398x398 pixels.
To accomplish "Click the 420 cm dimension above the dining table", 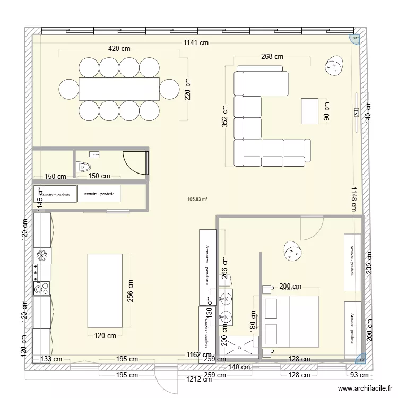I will pos(119,48).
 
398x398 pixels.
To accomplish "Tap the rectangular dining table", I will pos(119,89).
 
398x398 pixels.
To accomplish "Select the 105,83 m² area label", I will pos(197,200).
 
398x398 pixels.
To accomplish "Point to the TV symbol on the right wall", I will pos(356,111).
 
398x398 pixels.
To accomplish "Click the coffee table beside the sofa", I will pos(311,111).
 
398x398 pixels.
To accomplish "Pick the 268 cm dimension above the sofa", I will pos(272,56).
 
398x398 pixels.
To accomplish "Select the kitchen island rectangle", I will pos(105,290).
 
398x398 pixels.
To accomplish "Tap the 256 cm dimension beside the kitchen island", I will pos(131,291).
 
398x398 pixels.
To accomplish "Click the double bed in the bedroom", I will pos(290,322).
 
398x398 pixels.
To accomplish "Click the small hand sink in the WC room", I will pos(94,154).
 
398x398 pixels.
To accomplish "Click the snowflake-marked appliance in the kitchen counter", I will pos(41,256).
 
